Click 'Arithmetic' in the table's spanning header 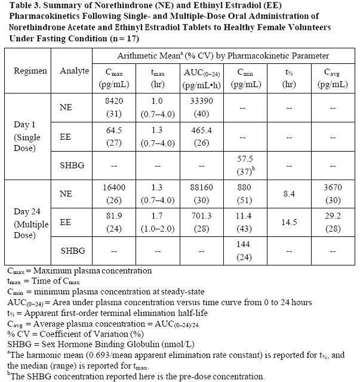coord(173,56)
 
